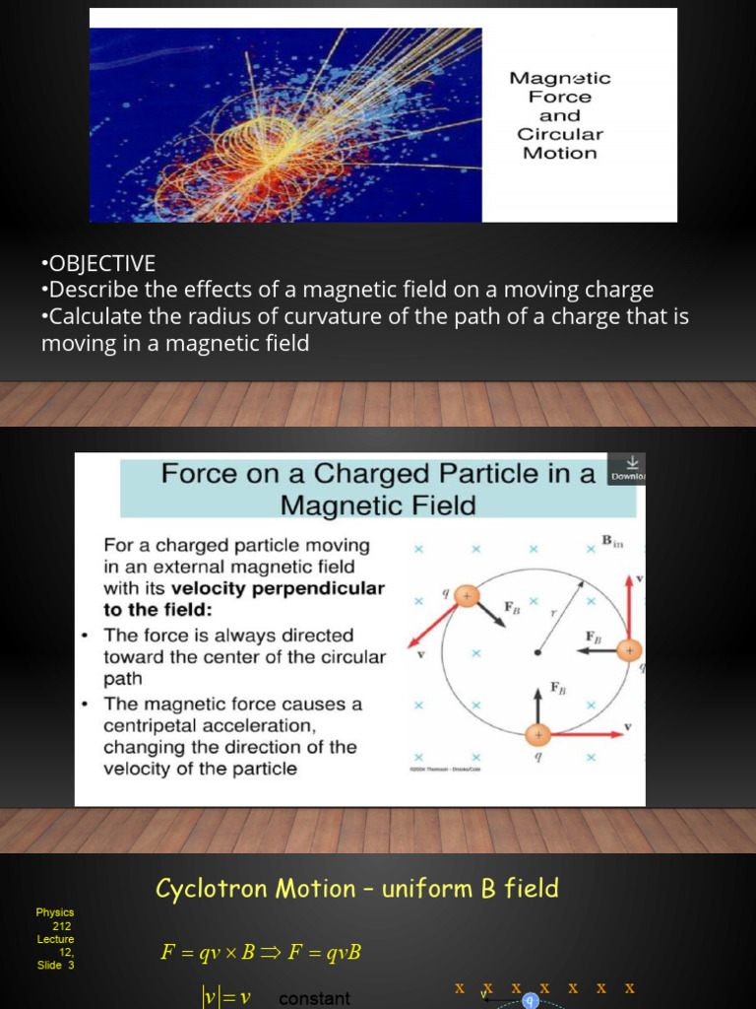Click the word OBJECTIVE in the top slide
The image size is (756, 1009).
point(101,263)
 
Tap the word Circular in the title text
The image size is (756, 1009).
point(560,134)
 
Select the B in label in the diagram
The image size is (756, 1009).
point(612,540)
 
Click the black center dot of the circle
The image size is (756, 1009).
point(536,651)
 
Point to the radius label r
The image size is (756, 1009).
point(554,613)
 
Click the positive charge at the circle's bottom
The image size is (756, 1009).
point(537,735)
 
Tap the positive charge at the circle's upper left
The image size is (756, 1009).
point(468,595)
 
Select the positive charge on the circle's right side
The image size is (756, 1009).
point(628,650)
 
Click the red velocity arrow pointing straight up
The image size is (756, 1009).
point(629,606)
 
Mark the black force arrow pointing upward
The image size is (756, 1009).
point(537,705)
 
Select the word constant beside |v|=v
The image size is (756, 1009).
point(314,998)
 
